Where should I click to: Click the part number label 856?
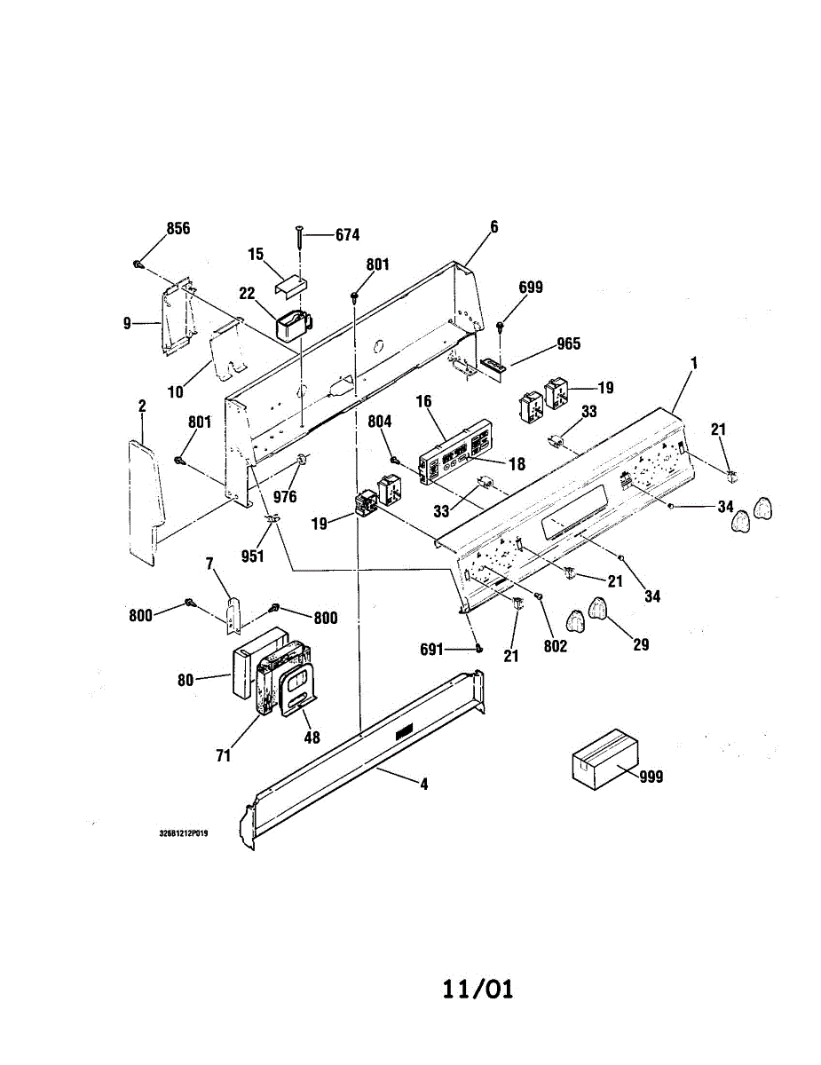click(178, 228)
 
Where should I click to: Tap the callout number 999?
click(651, 777)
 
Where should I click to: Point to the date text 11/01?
click(478, 989)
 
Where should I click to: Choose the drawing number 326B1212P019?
click(184, 834)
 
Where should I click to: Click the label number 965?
click(568, 343)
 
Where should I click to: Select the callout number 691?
click(431, 649)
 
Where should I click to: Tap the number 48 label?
click(312, 737)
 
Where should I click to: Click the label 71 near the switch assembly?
click(223, 755)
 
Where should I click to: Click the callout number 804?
click(380, 423)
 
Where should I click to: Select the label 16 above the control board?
click(423, 402)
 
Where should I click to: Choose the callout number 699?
click(532, 288)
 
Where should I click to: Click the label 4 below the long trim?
click(424, 785)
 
